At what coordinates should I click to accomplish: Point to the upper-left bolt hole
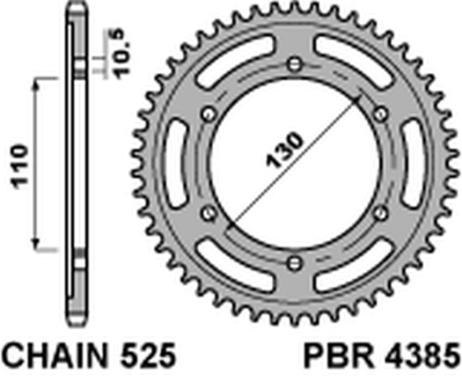[x=209, y=112]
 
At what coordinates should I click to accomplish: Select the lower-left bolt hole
[x=209, y=212]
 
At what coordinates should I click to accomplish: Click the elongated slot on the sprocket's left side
[x=178, y=162]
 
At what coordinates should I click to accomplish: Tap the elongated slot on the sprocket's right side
[x=411, y=162]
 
